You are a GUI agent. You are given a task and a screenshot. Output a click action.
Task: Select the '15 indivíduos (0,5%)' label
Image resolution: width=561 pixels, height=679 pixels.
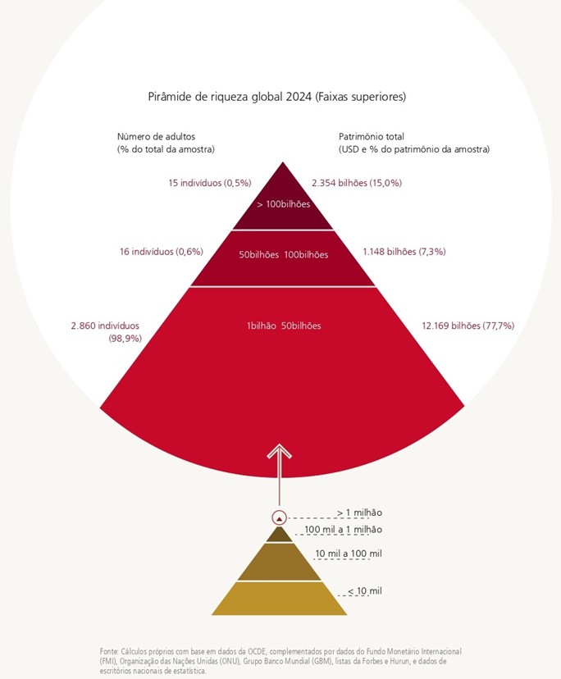click(209, 183)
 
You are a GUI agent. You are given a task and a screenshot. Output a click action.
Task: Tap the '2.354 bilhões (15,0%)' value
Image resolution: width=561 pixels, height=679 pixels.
click(357, 183)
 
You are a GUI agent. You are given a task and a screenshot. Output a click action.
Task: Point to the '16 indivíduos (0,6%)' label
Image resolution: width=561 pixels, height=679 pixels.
click(162, 252)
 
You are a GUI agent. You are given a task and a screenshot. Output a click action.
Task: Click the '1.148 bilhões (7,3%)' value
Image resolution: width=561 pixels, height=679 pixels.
click(404, 252)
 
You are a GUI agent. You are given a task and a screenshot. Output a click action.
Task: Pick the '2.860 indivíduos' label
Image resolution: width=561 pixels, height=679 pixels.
click(106, 326)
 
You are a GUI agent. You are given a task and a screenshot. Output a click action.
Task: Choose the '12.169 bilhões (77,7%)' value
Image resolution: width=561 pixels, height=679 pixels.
click(467, 326)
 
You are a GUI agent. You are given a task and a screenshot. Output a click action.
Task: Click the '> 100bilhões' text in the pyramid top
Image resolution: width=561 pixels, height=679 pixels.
click(284, 204)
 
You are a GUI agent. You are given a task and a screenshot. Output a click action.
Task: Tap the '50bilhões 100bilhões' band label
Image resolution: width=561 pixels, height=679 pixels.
click(284, 255)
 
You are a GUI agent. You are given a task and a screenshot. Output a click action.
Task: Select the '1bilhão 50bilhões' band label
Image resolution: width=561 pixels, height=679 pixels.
click(284, 326)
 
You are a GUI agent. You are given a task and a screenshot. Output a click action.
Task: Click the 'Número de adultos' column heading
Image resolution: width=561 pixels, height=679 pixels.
click(157, 136)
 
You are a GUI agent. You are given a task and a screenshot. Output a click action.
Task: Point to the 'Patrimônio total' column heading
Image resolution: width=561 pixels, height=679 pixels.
click(372, 136)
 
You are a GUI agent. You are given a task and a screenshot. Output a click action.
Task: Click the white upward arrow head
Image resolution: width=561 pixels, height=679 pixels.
click(280, 452)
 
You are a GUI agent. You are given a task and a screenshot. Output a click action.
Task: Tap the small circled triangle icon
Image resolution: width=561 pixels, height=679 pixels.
click(280, 517)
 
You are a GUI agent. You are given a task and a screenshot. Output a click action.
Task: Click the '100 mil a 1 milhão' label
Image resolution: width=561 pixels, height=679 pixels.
click(343, 531)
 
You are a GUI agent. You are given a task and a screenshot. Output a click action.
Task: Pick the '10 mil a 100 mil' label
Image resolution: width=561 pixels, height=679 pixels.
click(349, 554)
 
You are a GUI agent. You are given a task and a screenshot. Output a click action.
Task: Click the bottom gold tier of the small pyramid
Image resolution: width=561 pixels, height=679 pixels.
click(280, 598)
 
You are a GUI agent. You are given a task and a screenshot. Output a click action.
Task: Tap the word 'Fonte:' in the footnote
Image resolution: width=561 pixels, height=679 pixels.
click(109, 651)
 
